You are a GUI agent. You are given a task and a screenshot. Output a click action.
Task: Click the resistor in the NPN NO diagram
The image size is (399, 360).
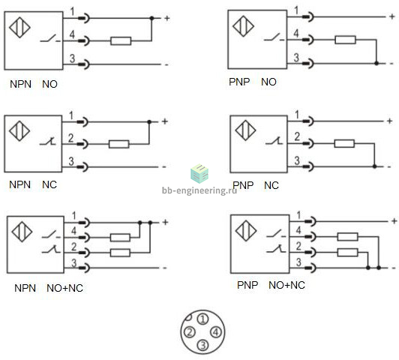121,41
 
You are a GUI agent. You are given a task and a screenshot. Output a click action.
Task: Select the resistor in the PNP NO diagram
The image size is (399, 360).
345,40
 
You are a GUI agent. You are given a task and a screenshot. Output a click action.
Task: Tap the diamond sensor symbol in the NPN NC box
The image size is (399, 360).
19,131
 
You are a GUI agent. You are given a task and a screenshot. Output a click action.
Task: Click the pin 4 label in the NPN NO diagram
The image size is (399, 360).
72,34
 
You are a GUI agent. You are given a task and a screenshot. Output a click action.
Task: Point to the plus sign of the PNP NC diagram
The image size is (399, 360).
389,121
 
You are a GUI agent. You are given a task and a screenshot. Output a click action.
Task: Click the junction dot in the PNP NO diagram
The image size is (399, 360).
376,63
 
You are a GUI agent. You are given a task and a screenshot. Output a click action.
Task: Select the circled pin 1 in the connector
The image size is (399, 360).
202,319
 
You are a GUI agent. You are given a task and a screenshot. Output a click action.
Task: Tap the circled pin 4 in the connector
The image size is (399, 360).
216,332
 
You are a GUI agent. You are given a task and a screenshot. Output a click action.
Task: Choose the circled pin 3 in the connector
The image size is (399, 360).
202,345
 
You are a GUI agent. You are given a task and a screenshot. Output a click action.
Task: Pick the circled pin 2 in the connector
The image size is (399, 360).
190,332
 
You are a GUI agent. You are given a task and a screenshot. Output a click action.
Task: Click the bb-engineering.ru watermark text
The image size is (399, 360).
199,190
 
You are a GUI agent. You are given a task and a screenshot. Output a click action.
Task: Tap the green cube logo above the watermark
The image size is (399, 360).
199,173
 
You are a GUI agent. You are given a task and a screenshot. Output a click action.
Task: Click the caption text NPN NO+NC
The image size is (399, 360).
49,288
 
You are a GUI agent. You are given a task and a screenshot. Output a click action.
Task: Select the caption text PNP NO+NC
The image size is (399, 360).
271,285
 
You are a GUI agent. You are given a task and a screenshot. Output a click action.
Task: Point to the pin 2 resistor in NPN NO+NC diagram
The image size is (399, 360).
120,253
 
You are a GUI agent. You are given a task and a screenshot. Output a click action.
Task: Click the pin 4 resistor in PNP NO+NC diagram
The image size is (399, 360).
347,237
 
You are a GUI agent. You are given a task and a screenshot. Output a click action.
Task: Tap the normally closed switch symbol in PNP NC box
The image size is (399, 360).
274,141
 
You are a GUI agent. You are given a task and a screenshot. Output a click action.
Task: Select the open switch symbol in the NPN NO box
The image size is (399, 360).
50,39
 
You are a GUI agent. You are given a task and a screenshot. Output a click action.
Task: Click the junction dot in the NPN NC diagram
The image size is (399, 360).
149,122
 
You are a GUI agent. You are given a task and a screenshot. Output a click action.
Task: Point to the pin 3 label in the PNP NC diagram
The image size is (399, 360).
297,160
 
